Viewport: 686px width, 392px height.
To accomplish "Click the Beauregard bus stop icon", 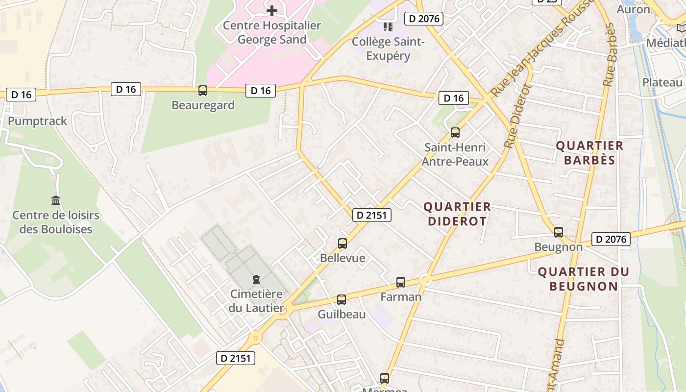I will (202, 91).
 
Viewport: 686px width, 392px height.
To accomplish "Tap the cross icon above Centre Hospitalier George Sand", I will (272, 10).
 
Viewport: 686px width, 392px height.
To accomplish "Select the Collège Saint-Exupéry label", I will (388, 49).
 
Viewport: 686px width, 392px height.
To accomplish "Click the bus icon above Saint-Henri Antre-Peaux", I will (455, 133).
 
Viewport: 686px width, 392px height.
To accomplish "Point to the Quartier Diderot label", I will (457, 214).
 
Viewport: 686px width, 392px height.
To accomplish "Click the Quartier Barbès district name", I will (589, 152).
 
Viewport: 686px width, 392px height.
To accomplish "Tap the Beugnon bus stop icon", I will (558, 232).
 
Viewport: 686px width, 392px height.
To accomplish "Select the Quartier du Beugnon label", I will (583, 279).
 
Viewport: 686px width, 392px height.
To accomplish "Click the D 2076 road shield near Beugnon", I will (611, 239).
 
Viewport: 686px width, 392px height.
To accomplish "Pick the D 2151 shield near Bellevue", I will (371, 215).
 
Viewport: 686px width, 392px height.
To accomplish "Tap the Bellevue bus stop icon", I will (343, 243).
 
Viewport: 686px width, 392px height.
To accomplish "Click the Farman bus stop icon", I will (401, 282).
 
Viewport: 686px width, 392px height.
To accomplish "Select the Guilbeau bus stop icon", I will (342, 300).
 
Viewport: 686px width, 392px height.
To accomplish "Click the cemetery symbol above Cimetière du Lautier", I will (256, 279).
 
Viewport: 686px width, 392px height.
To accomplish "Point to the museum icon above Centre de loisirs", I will (56, 200).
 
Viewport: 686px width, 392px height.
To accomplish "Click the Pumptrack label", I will (37, 121).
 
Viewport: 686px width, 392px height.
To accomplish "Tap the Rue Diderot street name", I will (517, 117).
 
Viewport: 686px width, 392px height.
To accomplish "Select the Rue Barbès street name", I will (609, 55).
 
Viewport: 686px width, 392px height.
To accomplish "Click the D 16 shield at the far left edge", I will (21, 95).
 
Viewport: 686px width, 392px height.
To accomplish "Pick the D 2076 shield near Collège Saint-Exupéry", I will (423, 19).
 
